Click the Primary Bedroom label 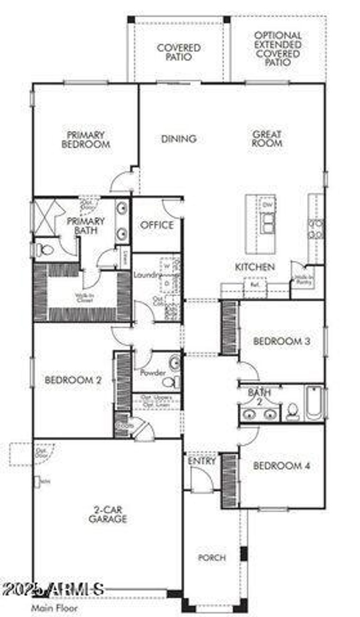pos(86,140)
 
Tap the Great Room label pos(267,139)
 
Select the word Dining pos(179,139)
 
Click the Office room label pos(157,225)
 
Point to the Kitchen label pos(255,267)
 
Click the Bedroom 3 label pos(282,341)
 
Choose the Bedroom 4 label pos(282,466)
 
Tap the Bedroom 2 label pos(73,380)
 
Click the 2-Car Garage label pos(108,514)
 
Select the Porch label pos(212,557)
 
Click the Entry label pos(201,461)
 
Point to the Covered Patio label pos(179,52)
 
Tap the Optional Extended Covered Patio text pos(278,49)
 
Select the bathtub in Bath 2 pos(314,403)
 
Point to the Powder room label pos(153,373)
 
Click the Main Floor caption pos(54,608)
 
